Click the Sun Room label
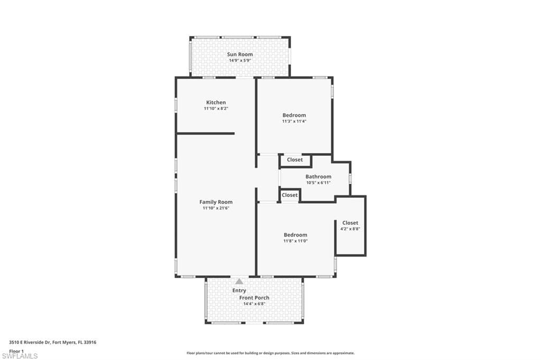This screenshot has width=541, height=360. (240, 54)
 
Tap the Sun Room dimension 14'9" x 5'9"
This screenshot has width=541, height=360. (240, 61)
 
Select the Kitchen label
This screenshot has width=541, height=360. (216, 102)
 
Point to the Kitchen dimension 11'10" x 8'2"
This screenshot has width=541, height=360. (216, 109)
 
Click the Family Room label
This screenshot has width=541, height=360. (216, 202)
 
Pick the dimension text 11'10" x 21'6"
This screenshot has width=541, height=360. (216, 209)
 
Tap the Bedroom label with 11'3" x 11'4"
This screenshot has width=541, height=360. (294, 115)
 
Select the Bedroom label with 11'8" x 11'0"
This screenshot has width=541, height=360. (295, 235)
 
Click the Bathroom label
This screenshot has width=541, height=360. (318, 177)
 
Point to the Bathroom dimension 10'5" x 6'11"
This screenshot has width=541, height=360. (318, 183)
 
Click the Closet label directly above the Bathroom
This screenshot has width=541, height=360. (295, 160)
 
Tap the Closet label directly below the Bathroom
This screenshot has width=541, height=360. (290, 195)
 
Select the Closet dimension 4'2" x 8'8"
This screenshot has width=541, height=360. (350, 229)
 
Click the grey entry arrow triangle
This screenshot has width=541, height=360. (239, 281)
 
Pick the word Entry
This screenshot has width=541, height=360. (239, 290)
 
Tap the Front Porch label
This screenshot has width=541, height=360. (255, 298)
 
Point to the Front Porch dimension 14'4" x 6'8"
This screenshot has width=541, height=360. (255, 304)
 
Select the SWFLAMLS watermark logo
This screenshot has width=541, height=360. (20, 356)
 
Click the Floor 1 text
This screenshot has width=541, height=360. (16, 350)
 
